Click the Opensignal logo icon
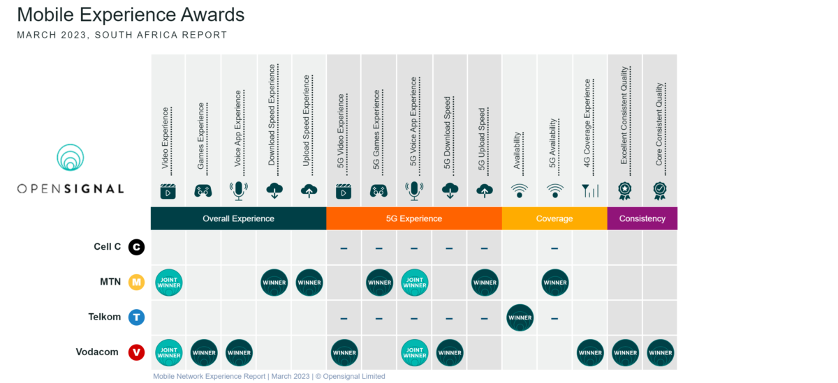coord(70,159)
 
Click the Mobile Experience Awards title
coord(131,14)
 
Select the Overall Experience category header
coord(238,218)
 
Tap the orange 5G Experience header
coord(414,218)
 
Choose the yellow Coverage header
coord(554,218)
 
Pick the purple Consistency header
coord(642,218)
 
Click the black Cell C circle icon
coord(137,247)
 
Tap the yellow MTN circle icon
coord(137,283)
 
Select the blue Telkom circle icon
coord(137,317)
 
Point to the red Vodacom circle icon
coord(137,352)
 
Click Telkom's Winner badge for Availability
coord(520,317)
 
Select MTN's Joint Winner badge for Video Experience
coord(169,283)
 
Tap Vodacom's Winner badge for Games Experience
coord(204,352)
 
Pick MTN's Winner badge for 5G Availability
coord(555,283)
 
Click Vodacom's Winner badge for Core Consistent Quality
coord(660,352)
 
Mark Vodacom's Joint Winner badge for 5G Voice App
coord(415,352)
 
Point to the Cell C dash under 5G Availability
coord(554,248)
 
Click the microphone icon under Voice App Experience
coord(239,190)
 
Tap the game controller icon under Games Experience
coord(203,190)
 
